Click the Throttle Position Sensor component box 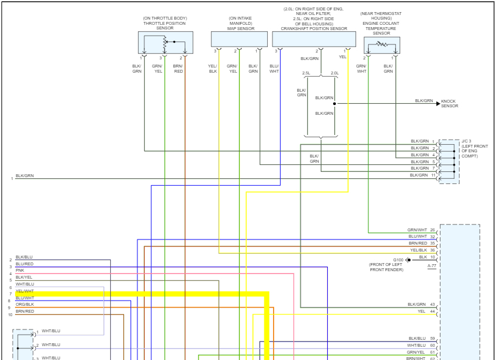click(165, 43)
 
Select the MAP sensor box click(239, 39)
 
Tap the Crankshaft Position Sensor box click(314, 39)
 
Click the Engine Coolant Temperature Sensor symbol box click(382, 44)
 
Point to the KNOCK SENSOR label click(450, 104)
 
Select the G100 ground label click(399, 260)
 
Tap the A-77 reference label click(432, 266)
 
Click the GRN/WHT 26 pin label click(421, 230)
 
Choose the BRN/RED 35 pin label click(421, 243)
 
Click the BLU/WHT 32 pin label click(421, 237)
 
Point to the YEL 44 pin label click(426, 312)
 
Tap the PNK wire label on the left click(20, 270)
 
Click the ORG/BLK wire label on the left click(25, 304)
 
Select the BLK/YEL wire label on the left click(24, 277)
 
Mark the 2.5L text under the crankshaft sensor click(307, 73)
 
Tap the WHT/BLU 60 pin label click(421, 345)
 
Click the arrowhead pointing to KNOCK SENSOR click(438, 104)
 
